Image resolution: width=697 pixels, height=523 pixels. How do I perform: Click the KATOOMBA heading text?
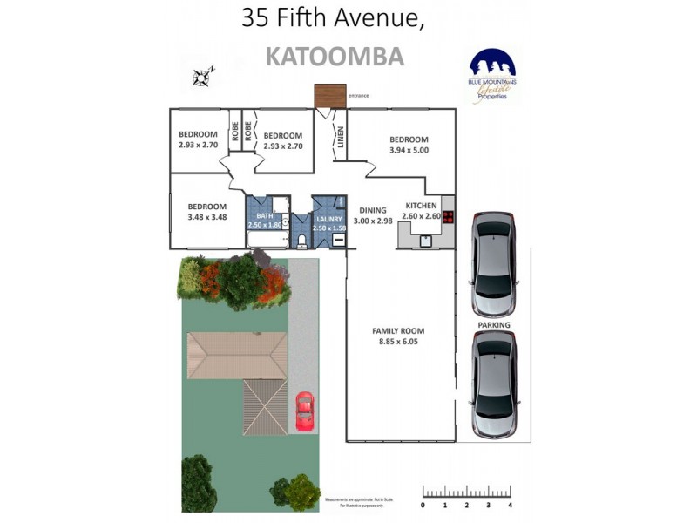click(334, 57)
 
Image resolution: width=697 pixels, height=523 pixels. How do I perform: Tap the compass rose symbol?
click(202, 76)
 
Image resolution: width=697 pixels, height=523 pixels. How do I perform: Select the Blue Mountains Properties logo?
click(492, 77)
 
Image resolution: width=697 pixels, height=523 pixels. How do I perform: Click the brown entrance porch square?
click(330, 95)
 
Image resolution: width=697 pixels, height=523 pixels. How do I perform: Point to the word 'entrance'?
click(359, 95)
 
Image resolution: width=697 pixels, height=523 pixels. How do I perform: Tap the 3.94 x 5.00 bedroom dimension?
click(409, 151)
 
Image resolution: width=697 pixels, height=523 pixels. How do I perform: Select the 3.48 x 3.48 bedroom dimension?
click(206, 217)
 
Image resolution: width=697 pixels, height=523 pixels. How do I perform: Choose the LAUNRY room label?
click(329, 218)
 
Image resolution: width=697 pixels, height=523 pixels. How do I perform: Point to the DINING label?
click(373, 210)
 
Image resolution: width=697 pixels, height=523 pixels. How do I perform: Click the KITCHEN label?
click(421, 206)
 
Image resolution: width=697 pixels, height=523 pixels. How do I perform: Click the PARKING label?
click(493, 325)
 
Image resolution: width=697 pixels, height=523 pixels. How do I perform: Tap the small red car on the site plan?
click(304, 411)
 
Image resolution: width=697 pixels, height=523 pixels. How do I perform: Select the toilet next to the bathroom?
click(301, 238)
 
